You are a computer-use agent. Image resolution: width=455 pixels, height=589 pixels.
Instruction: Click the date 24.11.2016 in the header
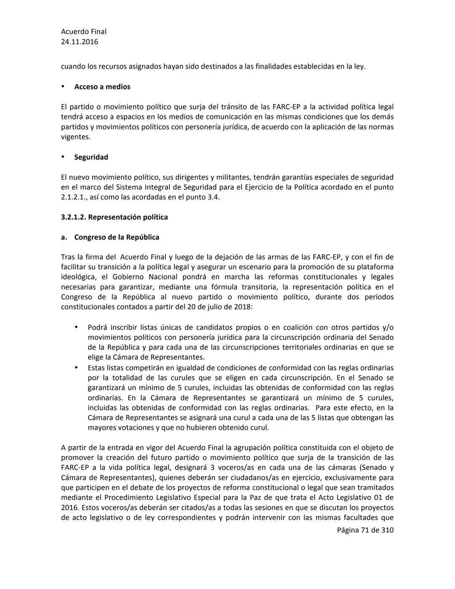[79, 42]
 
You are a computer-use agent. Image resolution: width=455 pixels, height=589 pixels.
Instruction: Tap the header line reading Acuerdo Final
[83, 32]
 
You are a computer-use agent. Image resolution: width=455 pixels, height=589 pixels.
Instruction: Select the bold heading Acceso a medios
[102, 87]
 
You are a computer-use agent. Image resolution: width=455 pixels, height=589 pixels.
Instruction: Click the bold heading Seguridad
[91, 157]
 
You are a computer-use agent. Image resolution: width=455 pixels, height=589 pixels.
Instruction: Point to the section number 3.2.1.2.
[73, 218]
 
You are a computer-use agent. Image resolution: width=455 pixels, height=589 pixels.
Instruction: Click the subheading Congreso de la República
[117, 237]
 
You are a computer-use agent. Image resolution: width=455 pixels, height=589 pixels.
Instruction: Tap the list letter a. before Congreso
[64, 237]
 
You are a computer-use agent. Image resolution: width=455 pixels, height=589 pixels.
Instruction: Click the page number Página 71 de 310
[365, 530]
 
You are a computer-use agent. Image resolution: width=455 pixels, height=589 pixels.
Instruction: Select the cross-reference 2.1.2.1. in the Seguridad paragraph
[74, 197]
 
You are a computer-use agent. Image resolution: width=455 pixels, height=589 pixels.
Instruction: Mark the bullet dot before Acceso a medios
[63, 86]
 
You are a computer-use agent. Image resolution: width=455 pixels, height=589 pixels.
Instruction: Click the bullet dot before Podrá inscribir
[76, 327]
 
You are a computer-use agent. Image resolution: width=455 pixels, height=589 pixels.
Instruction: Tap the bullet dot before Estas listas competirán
[76, 368]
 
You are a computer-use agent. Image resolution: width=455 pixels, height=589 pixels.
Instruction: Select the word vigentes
[75, 137]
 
